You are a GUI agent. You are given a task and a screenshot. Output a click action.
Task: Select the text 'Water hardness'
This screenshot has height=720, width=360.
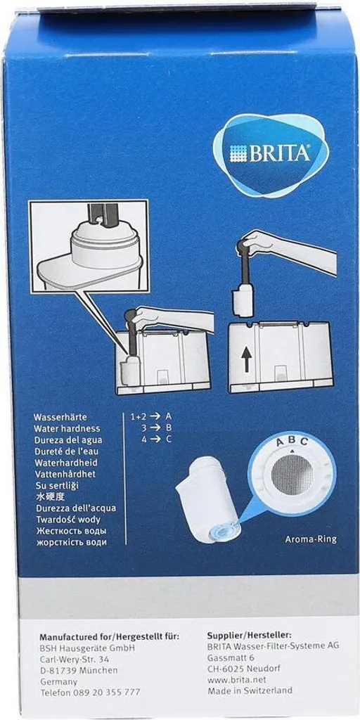pos(67,428)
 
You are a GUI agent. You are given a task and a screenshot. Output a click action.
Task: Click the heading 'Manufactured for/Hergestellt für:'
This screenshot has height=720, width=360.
pos(109,636)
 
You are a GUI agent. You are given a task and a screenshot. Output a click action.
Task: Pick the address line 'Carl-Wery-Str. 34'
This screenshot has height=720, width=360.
pos(74,659)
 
